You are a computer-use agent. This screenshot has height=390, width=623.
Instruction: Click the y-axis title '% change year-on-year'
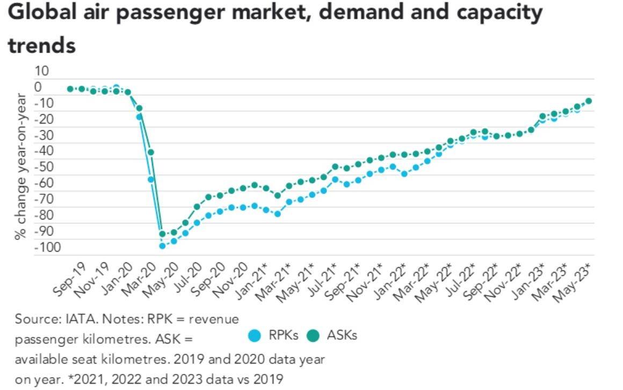point(21,166)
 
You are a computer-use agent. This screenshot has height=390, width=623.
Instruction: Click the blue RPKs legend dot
point(256,336)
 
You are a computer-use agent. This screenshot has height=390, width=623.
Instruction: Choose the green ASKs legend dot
point(314,336)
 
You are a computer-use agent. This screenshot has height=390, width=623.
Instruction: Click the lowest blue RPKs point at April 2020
point(162,246)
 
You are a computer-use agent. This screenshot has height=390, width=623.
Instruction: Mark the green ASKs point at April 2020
point(162,234)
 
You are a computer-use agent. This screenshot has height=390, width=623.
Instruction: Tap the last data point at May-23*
point(589,101)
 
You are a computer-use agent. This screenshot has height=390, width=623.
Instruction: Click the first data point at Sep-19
point(70,89)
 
